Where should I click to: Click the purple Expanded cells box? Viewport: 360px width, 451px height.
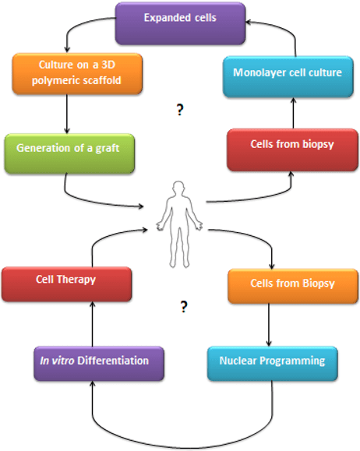[x=180, y=23]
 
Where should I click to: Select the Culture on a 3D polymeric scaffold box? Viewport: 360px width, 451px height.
[x=77, y=74]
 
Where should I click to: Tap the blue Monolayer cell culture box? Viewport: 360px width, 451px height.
[x=288, y=76]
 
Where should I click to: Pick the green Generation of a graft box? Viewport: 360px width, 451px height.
[x=69, y=153]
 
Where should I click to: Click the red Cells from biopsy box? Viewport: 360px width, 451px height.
[x=292, y=150]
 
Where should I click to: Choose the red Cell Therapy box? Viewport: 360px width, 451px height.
[x=66, y=284]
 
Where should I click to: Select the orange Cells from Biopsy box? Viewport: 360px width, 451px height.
[x=293, y=286]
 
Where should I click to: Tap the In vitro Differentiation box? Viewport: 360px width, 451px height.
[x=99, y=364]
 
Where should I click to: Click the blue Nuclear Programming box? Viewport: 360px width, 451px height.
[x=272, y=364]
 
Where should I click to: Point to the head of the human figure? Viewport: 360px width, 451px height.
[x=178, y=189]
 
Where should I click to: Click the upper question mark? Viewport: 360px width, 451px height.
[x=180, y=110]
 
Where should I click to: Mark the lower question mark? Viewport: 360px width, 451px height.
[x=184, y=307]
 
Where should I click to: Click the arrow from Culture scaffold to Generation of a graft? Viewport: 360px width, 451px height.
[x=67, y=114]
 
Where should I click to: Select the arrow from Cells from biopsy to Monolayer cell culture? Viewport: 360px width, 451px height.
[x=293, y=113]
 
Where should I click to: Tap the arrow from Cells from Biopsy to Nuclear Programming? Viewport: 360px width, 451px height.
[x=269, y=325]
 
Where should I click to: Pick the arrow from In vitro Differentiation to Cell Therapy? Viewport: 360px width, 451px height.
[x=93, y=324]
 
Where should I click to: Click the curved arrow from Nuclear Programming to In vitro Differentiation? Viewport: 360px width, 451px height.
[x=182, y=448]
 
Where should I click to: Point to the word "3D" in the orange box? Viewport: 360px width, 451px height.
[x=108, y=65]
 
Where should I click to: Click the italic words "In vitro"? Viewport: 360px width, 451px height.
[x=57, y=361]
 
